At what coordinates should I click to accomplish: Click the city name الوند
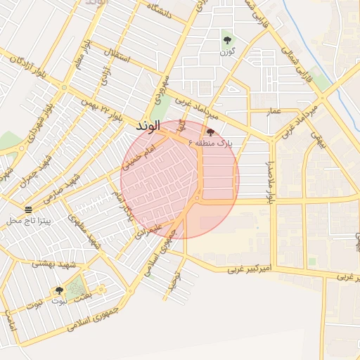click(x=148, y=125)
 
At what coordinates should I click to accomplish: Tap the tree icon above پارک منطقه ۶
click(x=210, y=132)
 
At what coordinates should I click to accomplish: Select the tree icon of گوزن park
click(x=226, y=39)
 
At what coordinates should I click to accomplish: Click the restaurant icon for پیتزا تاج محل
click(x=29, y=209)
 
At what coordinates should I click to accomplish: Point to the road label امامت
click(x=9, y=322)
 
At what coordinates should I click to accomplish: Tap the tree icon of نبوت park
click(x=58, y=290)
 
